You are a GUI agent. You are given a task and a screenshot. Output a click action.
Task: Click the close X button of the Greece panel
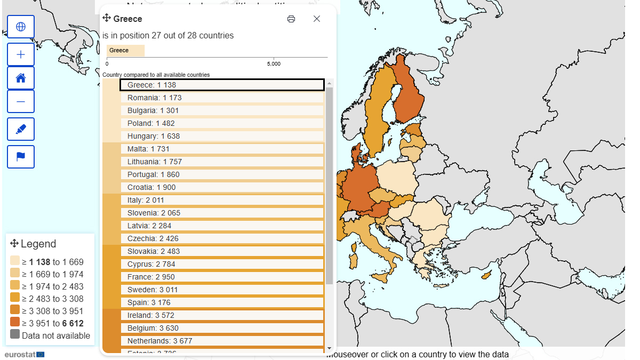pos(317,19)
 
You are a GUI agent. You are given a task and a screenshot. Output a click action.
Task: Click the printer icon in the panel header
pos(291,19)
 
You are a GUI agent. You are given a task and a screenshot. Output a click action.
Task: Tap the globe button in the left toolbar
pos(21,27)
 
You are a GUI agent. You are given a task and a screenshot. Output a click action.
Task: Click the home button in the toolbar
pos(21,78)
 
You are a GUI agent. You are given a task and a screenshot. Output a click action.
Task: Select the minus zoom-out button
pos(21,101)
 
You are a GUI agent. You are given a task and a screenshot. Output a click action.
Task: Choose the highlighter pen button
pos(21,129)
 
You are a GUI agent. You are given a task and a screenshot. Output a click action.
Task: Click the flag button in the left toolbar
pos(21,157)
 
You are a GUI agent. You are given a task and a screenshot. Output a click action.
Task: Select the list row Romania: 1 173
pos(222,98)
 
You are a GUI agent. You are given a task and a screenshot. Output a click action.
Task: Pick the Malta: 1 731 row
pos(222,149)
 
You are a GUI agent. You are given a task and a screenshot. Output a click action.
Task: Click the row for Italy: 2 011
pos(222,200)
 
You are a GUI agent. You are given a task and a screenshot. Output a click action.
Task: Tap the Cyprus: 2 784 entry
pos(222,264)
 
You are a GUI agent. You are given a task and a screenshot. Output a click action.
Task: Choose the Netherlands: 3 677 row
pos(222,341)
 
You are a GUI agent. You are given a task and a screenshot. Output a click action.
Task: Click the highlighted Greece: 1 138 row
pos(222,85)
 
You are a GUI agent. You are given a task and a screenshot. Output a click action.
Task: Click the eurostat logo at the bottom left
pos(25,354)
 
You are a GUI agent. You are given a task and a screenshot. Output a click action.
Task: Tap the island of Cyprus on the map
pos(486,276)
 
